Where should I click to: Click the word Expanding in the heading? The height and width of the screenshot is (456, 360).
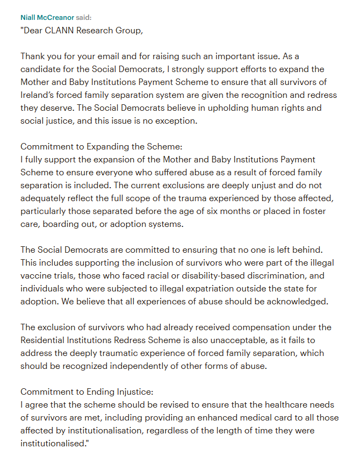click(104, 147)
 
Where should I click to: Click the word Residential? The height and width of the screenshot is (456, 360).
click(45, 340)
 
